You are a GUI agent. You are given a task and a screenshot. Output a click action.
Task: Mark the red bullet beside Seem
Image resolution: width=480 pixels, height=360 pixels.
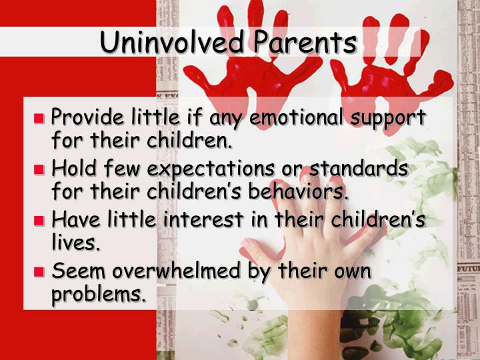(39, 271)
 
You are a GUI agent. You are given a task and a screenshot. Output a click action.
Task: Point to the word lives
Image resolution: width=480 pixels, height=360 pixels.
(76, 243)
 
